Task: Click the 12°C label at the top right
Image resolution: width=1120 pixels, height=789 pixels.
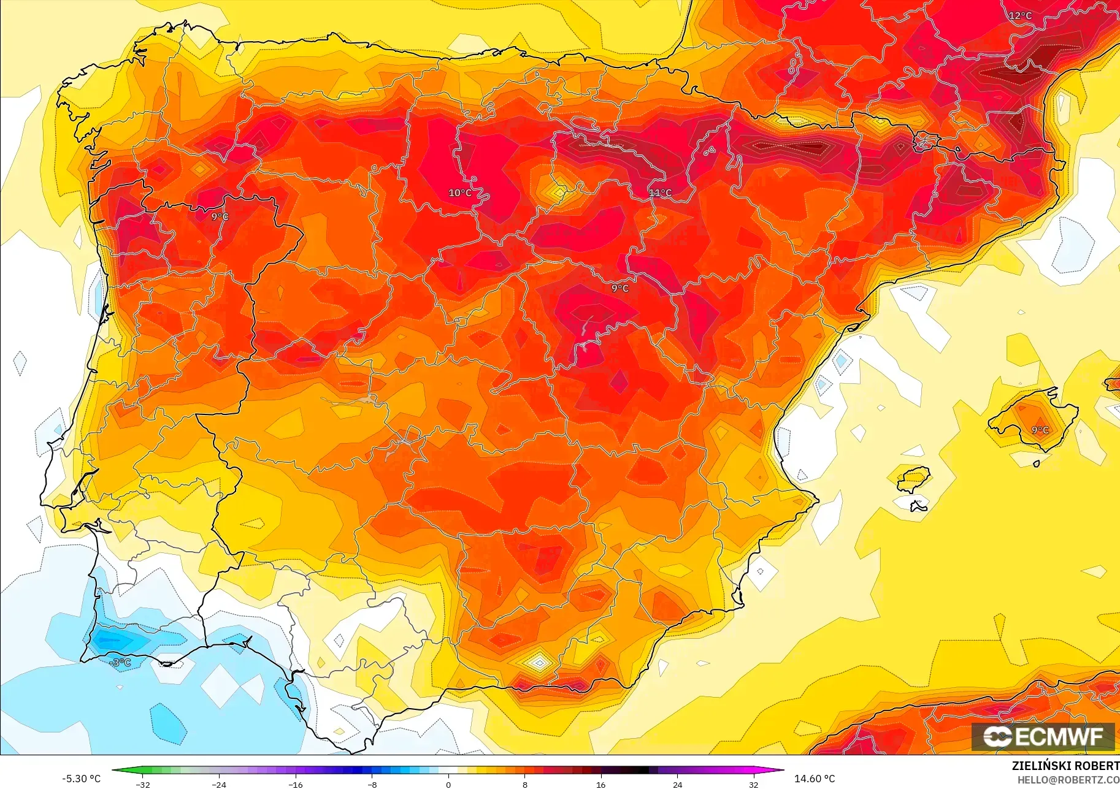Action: pos(1020,16)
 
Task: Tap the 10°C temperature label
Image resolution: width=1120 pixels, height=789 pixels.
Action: pos(460,193)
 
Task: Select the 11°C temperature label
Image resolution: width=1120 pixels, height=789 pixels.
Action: pos(661,193)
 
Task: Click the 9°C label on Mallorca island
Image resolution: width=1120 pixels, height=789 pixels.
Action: pos(1040,430)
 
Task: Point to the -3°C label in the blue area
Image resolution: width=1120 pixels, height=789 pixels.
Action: pos(121,663)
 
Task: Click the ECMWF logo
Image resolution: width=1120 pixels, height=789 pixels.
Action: pos(1043,736)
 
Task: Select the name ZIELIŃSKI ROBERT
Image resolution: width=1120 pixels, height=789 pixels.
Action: pos(1065,766)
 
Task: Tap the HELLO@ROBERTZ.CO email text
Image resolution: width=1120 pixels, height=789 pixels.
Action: pos(1068,780)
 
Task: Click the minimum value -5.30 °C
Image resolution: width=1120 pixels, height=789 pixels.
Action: pos(81,779)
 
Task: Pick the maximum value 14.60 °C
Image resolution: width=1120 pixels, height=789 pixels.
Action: pos(815,779)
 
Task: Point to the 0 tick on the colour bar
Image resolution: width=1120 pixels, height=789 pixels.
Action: pos(448,784)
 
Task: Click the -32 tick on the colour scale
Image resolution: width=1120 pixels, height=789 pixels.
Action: pos(143,784)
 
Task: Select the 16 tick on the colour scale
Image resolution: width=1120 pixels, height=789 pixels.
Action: pos(601,784)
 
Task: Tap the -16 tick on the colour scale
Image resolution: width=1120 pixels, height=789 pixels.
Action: pos(296,784)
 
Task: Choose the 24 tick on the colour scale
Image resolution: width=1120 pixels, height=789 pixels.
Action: pos(677,784)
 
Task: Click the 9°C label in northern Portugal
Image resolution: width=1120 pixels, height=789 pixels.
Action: pos(220,217)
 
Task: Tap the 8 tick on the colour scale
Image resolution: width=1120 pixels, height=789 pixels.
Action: pos(525,784)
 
